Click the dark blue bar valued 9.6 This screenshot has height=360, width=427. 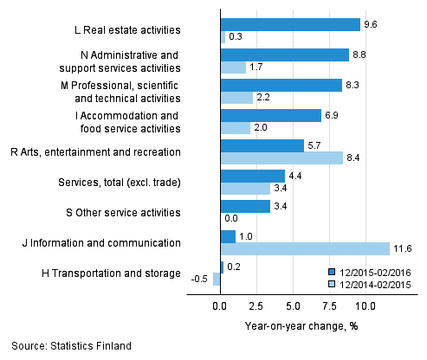290,24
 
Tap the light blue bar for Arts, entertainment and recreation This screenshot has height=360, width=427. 281,158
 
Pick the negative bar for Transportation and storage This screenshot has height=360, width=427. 217,280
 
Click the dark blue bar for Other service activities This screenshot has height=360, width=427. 245,207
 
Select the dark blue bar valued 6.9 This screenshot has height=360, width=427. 270,115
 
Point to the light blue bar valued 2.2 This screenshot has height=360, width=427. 236,98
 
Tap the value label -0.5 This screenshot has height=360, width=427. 200,280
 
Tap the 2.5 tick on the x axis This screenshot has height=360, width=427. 256,306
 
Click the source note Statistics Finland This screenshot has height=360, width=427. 72,346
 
